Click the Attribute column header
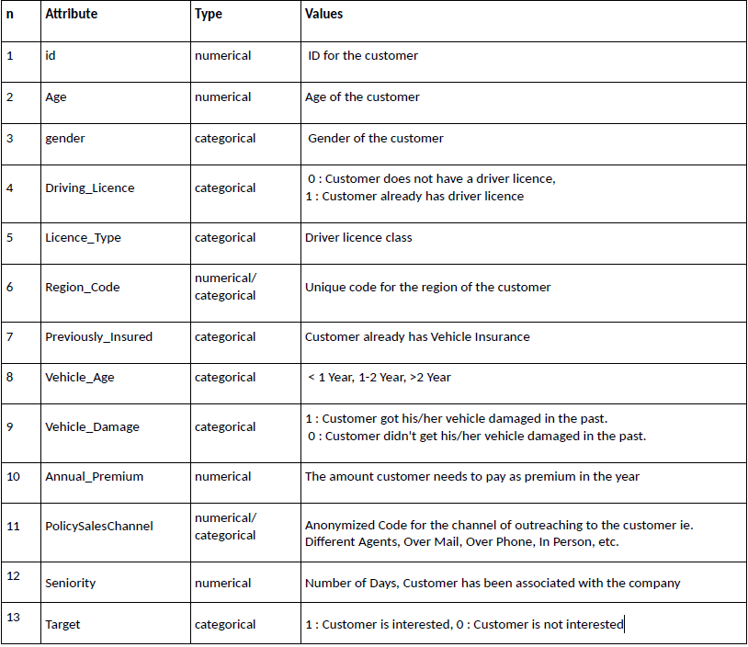(x=71, y=15)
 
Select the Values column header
(x=323, y=15)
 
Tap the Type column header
(x=209, y=15)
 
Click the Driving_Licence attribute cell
(x=89, y=187)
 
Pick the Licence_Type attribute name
(x=83, y=237)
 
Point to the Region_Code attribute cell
(x=82, y=287)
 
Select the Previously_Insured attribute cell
(x=98, y=336)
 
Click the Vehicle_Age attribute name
(x=79, y=377)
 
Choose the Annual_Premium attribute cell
(x=94, y=476)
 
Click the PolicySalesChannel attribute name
(x=98, y=527)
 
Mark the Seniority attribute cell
(x=70, y=583)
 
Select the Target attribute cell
(x=62, y=624)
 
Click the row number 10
(x=13, y=476)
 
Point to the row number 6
(x=10, y=287)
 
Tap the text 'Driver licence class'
(x=358, y=237)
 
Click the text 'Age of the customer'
(x=362, y=96)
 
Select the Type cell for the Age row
(x=222, y=96)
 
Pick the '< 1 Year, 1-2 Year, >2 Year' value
(x=380, y=377)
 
